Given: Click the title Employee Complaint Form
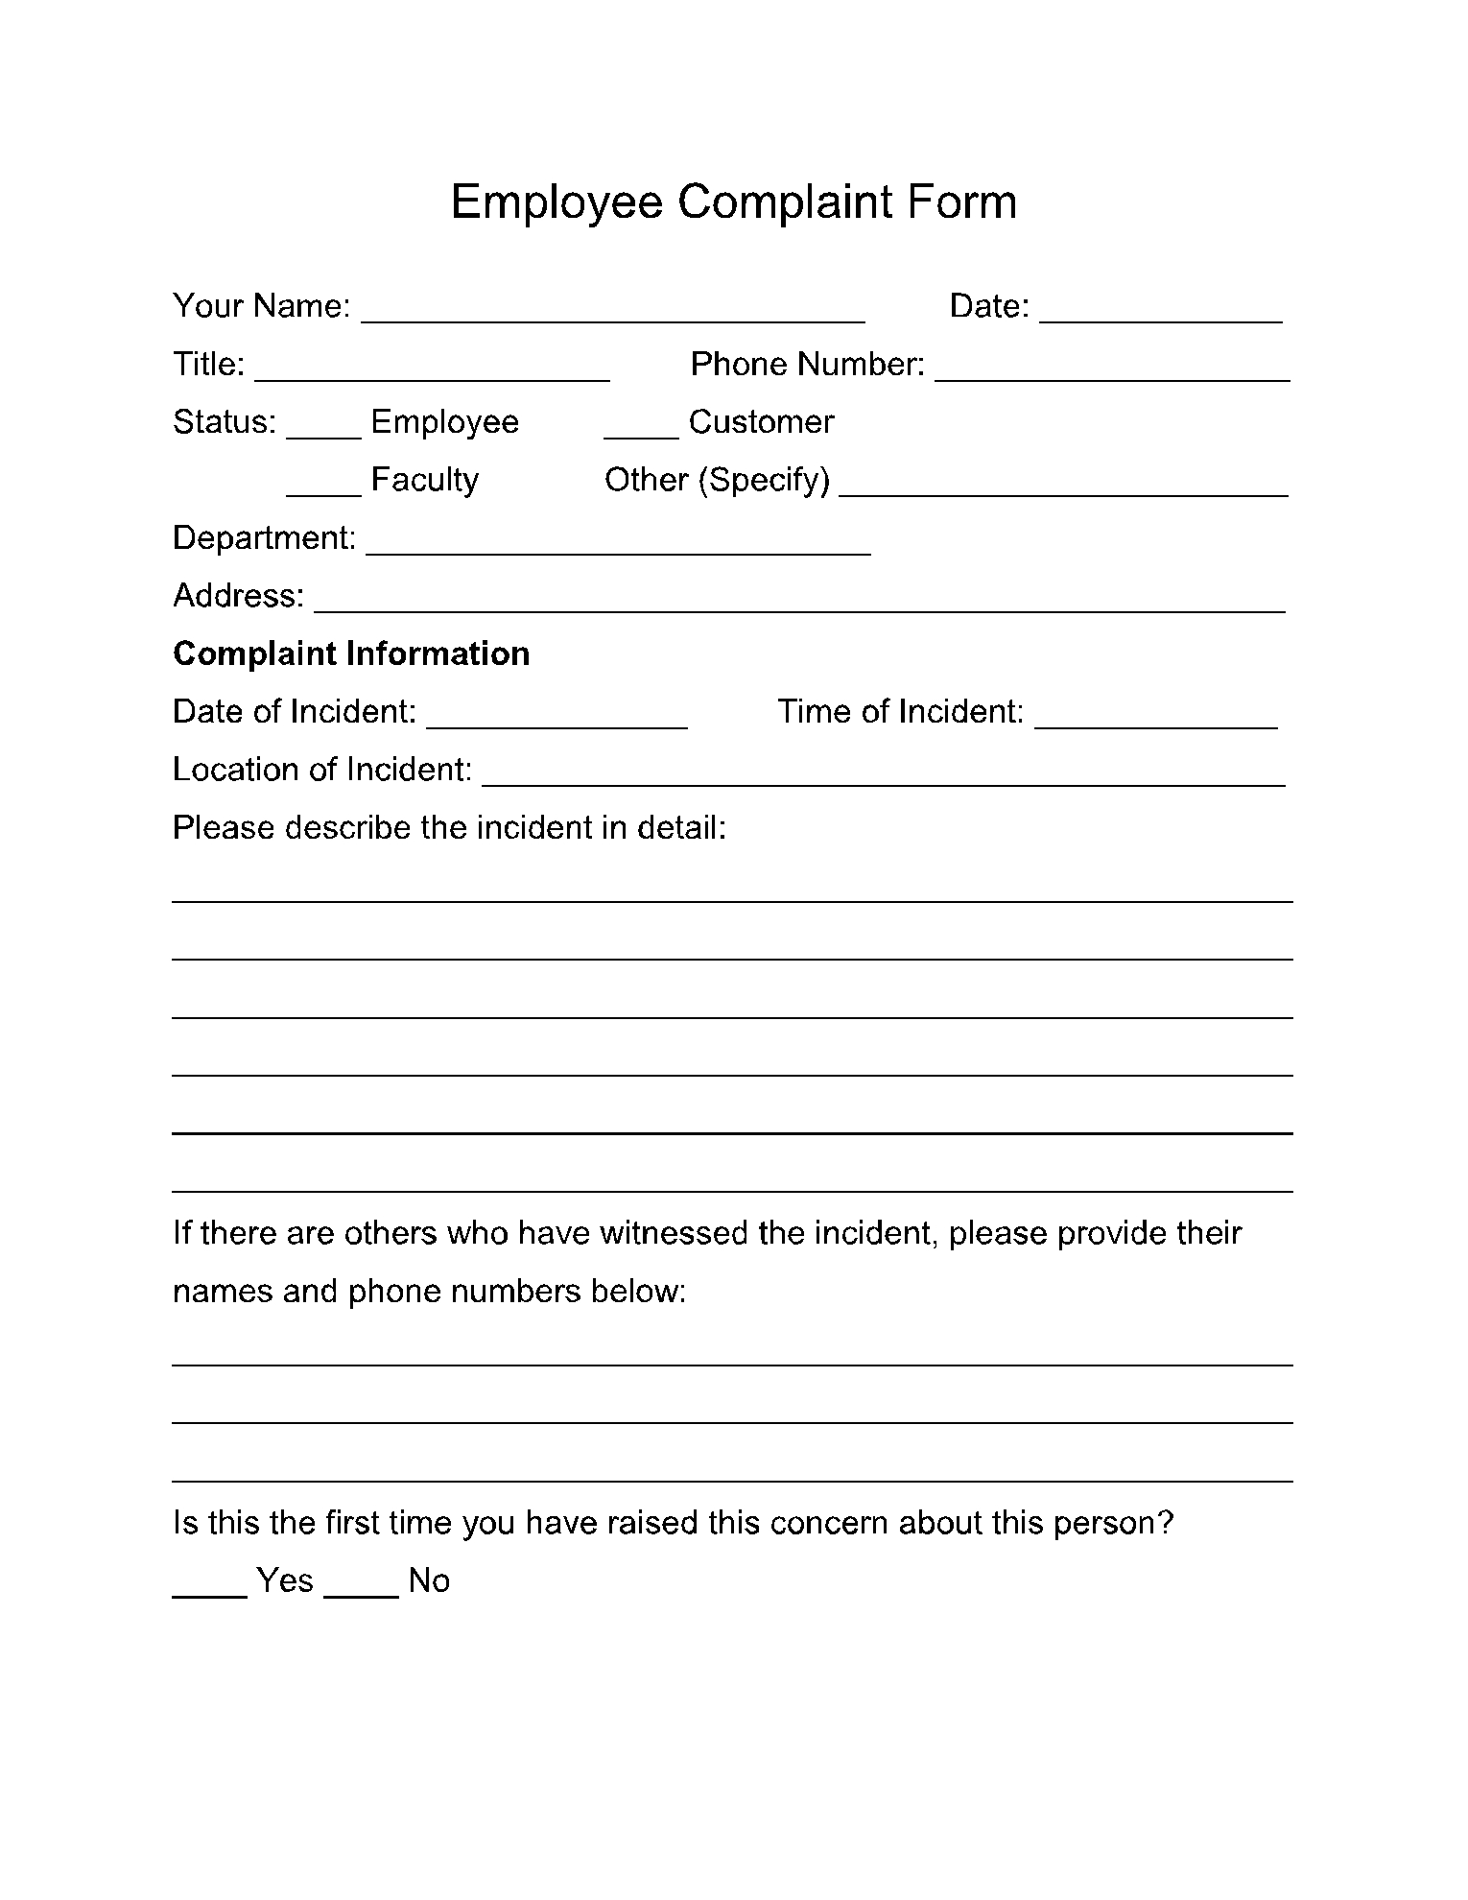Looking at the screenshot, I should pyautogui.click(x=733, y=202).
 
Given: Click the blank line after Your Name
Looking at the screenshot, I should pyautogui.click(x=613, y=313).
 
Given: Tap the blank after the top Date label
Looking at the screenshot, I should pyautogui.click(x=1161, y=313).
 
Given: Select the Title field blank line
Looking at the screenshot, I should pyautogui.click(x=432, y=371).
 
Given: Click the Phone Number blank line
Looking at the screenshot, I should pyautogui.click(x=1112, y=371).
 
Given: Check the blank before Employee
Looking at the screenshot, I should pyautogui.click(x=323, y=429).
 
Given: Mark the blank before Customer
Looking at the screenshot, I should pyautogui.click(x=641, y=429).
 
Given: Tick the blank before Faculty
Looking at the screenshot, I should pyautogui.click(x=323, y=487).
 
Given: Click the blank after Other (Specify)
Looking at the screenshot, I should pyautogui.click(x=1063, y=487).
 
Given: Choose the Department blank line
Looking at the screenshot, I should pyautogui.click(x=619, y=545).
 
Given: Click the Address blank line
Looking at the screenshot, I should pyautogui.click(x=800, y=603).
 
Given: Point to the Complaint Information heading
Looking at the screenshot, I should pyautogui.click(x=351, y=653).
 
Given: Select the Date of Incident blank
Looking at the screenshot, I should pyautogui.click(x=556, y=719).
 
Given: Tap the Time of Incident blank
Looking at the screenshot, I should pyautogui.click(x=1156, y=719).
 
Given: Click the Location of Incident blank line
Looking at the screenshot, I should pyautogui.click(x=884, y=776).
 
